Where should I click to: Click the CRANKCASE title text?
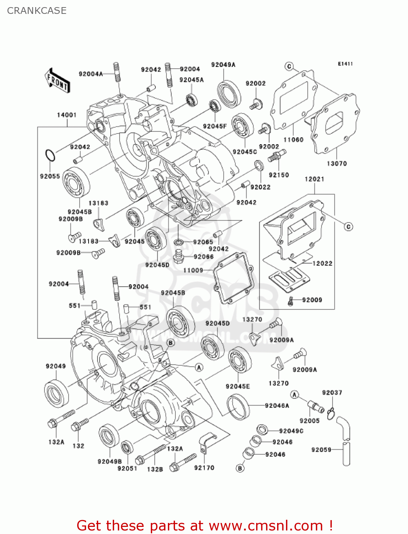tap(37, 11)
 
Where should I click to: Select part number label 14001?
tap(67, 115)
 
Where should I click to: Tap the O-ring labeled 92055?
tap(50, 156)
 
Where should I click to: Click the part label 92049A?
tap(223, 65)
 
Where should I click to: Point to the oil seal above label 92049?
tap(57, 393)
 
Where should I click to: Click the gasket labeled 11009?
tap(233, 278)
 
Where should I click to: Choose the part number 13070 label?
tap(337, 164)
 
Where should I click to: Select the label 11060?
tap(293, 140)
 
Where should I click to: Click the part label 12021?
tap(314, 179)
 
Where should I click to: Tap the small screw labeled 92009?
tap(291, 301)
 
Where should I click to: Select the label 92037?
tap(332, 393)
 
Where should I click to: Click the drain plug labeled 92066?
tap(179, 256)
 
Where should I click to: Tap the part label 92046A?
tap(277, 406)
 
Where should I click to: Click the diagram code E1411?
tap(345, 64)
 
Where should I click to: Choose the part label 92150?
tap(279, 175)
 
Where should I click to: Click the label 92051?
tap(127, 468)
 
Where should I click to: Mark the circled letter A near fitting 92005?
tap(294, 394)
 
